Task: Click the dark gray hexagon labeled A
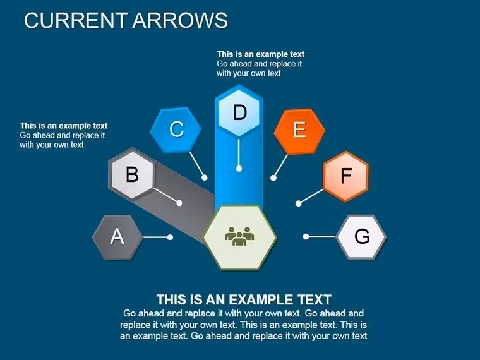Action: point(117,237)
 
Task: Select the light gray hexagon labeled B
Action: point(132,174)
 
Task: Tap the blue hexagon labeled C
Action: point(176,130)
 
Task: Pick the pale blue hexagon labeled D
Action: point(239,112)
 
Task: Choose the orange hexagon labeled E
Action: point(299,131)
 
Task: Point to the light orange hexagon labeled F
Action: point(345,176)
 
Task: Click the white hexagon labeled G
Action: point(361,237)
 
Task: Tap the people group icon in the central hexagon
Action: point(239,236)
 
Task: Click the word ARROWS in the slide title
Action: point(180,20)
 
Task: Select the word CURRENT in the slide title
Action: point(76,20)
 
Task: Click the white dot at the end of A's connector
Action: point(170,237)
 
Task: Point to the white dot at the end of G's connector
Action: point(306,236)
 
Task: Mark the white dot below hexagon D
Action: point(239,169)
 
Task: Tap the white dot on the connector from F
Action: point(299,203)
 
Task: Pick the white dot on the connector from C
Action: point(205,177)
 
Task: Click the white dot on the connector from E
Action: point(273,178)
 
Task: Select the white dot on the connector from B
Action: point(179,203)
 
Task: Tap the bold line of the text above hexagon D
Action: point(261,54)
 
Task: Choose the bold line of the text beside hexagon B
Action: point(64,126)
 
